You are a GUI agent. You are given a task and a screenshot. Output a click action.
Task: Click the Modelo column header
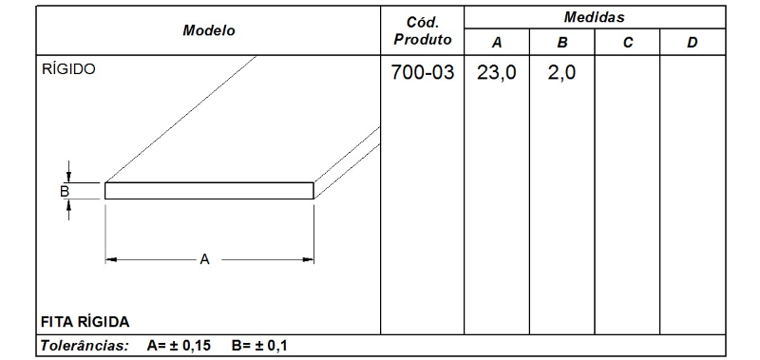[x=208, y=30]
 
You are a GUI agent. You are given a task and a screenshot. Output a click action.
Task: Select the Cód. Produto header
[x=421, y=30]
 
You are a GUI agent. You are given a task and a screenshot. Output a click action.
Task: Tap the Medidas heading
[x=593, y=17]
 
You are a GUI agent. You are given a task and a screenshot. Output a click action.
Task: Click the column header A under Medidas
[x=496, y=43]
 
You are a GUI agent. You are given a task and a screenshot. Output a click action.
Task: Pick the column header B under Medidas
[x=561, y=43]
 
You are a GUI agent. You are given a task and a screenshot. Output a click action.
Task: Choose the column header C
[x=626, y=43]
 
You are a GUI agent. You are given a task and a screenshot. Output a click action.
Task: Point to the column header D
[x=692, y=43]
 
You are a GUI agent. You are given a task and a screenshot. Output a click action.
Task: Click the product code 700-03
[x=422, y=73]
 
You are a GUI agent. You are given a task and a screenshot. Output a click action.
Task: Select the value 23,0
[x=496, y=73]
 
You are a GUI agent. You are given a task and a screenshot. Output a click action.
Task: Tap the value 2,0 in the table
[x=561, y=73]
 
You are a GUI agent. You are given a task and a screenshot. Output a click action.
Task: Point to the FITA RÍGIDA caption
[x=85, y=320]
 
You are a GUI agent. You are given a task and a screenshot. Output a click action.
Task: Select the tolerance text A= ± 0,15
[x=179, y=345]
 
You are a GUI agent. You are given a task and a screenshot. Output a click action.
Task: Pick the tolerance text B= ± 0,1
[x=259, y=345]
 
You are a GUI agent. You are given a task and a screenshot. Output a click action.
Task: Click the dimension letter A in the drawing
[x=203, y=258]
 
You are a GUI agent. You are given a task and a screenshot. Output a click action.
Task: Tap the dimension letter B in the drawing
[x=64, y=191]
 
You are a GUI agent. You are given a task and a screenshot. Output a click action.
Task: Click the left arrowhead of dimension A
[x=110, y=258]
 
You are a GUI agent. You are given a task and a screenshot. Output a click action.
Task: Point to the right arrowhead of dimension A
[x=309, y=258]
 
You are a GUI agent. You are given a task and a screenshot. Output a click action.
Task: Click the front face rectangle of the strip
[x=209, y=191]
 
